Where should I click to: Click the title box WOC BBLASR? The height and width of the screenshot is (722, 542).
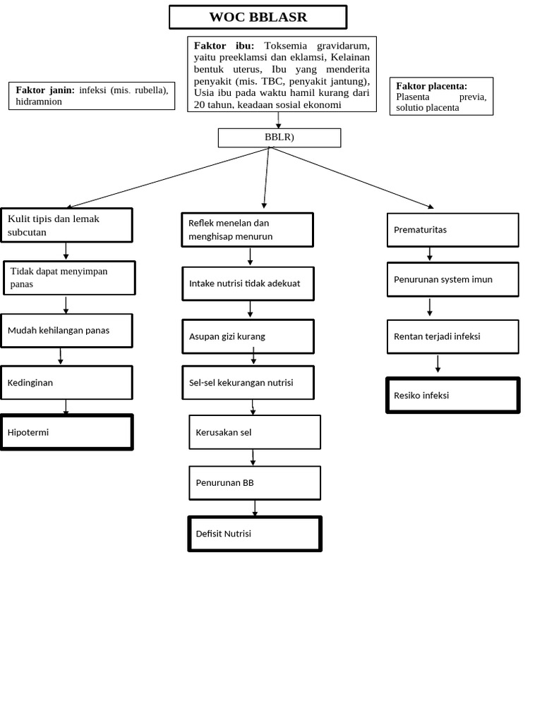[258, 18]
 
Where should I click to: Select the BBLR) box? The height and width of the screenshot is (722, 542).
[279, 137]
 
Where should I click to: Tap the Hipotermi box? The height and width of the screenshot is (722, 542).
[66, 432]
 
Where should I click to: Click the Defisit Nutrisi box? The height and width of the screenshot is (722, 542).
[255, 534]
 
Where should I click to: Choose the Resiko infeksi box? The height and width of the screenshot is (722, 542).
[452, 395]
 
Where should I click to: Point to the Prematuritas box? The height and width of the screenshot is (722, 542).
[452, 230]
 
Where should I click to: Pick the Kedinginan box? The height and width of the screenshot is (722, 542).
[66, 382]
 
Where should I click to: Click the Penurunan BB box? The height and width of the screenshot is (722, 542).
[255, 483]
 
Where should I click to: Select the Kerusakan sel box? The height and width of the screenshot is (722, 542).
[255, 432]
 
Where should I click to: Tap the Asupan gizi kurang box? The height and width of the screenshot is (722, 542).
[248, 336]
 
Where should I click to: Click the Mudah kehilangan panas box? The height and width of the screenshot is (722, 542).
[66, 331]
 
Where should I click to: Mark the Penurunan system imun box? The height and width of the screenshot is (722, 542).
[452, 279]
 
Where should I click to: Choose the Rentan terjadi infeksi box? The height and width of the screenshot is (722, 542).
[452, 336]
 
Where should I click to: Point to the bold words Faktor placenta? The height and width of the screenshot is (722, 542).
[431, 86]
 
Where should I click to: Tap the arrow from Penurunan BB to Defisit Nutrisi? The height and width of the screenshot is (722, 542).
[255, 508]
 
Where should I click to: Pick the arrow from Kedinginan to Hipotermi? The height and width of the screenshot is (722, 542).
[66, 407]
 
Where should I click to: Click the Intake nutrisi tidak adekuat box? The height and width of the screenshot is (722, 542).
[248, 283]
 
